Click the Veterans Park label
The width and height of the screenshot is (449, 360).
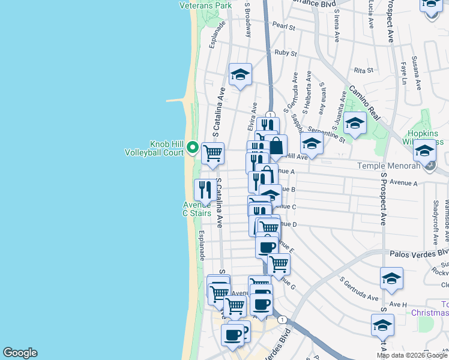pos(205,5)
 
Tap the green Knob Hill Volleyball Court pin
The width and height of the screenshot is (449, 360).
pos(193,146)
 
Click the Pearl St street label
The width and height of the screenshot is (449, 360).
pos(284,27)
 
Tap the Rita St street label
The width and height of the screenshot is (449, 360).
pos(360,70)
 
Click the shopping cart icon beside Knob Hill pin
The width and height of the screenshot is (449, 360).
pos(213,154)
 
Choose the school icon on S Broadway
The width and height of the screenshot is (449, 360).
pos(240,74)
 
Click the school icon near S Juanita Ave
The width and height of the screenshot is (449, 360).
pos(355,124)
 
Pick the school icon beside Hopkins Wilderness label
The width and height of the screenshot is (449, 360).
pos(424,151)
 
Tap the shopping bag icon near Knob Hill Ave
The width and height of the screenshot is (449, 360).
pos(276,146)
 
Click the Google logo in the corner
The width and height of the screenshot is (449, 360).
pos(20,353)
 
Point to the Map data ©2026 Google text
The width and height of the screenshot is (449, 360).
pos(412,355)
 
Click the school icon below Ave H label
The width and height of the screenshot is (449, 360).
pos(382,325)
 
